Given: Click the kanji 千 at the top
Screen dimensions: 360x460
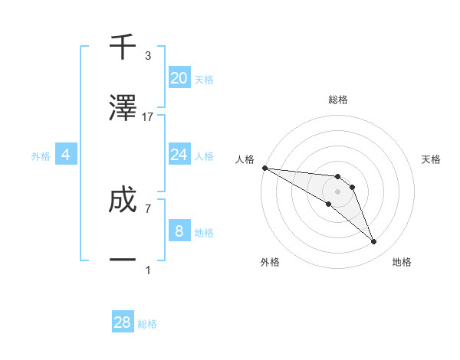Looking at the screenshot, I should coord(123,47).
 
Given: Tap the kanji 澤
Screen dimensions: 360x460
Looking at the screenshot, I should coord(123,109).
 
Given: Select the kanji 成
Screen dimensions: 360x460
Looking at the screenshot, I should coord(123,201).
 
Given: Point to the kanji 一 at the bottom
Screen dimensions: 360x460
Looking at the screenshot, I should coord(123,261).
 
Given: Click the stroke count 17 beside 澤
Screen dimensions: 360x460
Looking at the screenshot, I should coord(148,117).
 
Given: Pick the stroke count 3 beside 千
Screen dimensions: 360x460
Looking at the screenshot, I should coord(148,56).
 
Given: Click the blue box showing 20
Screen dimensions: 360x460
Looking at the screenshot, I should coord(179,78).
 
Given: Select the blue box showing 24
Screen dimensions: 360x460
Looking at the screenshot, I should coord(179,155).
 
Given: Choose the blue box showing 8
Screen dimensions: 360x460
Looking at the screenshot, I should coord(179,231).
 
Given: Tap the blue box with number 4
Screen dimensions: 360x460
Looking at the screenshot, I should coord(66,155).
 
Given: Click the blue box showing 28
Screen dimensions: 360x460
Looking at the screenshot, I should coord(123,322).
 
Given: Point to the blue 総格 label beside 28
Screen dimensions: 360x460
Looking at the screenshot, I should coord(147,324).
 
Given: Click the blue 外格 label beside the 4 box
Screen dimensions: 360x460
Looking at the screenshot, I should coord(41,156).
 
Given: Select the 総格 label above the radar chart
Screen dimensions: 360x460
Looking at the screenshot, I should coord(337,100).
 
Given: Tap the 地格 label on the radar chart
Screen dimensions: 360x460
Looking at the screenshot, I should coord(402,262).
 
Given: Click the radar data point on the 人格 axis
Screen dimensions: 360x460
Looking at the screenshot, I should coord(264,168).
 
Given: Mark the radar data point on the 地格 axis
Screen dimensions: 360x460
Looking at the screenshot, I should coord(374,242).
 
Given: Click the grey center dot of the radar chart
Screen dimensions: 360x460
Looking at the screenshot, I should coord(337,191).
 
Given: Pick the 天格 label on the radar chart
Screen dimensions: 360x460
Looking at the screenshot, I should coord(432,159).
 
